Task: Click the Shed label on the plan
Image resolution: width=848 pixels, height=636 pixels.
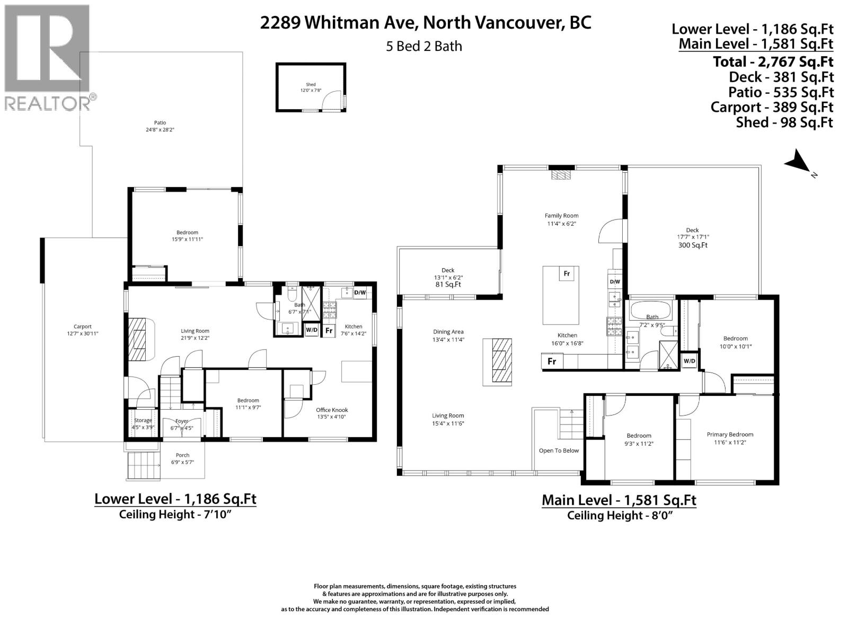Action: [311, 85]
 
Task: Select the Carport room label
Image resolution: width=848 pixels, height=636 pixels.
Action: [83, 326]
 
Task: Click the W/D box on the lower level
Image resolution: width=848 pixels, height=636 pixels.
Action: [312, 330]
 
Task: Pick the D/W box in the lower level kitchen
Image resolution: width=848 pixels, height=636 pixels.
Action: [360, 293]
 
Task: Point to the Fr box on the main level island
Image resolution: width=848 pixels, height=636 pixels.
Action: [567, 273]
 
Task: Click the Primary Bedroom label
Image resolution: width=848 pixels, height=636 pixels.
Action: [729, 434]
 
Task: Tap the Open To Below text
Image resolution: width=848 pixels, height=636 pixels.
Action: [559, 450]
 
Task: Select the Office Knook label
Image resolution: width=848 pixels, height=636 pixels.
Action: [332, 410]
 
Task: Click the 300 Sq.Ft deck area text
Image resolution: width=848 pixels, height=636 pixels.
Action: [692, 245]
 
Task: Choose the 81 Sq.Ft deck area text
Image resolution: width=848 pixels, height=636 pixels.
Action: [448, 285]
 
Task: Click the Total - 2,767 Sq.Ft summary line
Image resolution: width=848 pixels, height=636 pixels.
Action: [773, 61]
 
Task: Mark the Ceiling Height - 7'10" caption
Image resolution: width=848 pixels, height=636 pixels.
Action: [175, 514]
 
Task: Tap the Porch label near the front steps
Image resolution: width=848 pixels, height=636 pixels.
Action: [182, 455]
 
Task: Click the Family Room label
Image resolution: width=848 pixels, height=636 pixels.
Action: [561, 216]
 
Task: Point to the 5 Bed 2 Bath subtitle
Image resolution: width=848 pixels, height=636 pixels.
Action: [424, 47]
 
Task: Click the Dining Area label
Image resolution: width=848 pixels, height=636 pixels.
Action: [448, 332]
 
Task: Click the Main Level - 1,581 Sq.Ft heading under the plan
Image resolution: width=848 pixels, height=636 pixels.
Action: [619, 500]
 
